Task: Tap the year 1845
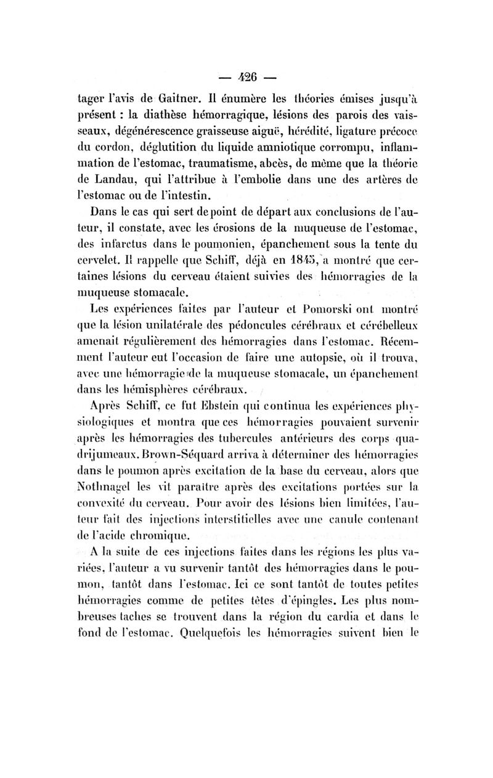pyautogui.click(x=297, y=256)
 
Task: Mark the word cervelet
pyautogui.click(x=99, y=256)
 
